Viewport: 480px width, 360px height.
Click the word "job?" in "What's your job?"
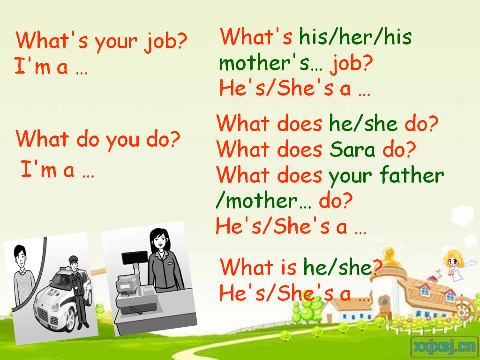click(165, 42)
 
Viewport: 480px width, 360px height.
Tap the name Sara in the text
click(352, 150)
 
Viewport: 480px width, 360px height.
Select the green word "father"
click(412, 175)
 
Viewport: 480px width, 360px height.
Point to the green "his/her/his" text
click(355, 37)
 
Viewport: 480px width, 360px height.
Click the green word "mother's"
click(264, 63)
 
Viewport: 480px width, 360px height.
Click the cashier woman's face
click(159, 241)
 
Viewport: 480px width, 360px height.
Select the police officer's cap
click(74, 259)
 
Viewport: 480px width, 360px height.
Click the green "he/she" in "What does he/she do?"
click(363, 123)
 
